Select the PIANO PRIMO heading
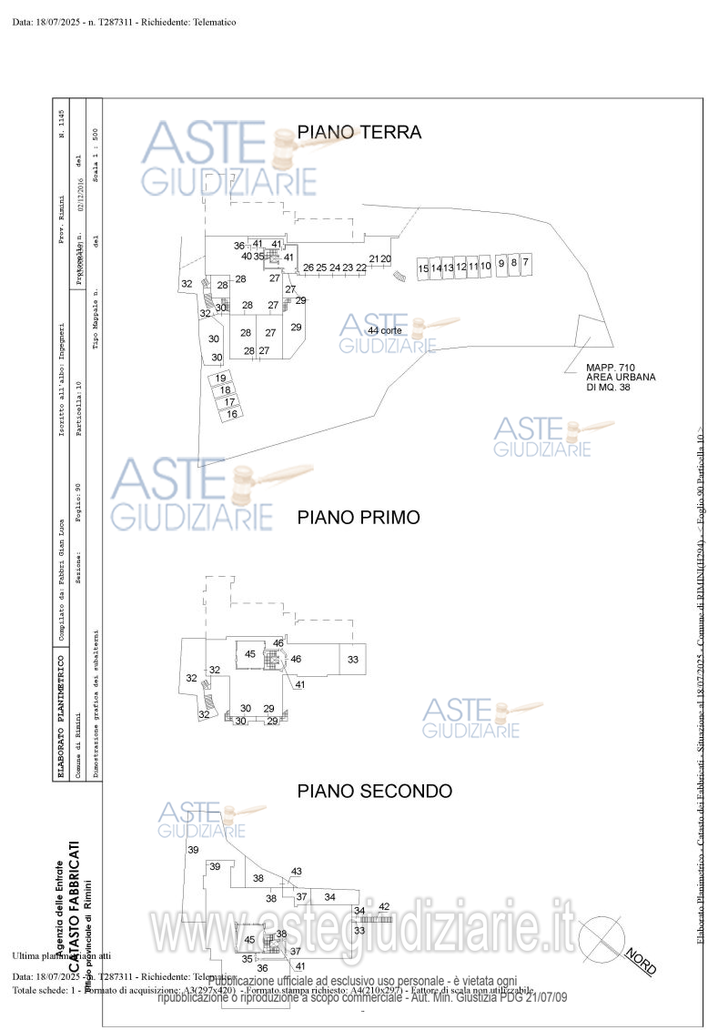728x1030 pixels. [x=359, y=518]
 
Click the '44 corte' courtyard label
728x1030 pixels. [x=385, y=330]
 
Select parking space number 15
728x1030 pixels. [x=423, y=268]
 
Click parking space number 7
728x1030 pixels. [x=525, y=262]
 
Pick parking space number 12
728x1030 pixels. [x=461, y=268]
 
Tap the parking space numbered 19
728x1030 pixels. [x=220, y=378]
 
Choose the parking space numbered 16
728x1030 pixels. [x=232, y=414]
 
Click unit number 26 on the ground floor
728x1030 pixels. [x=308, y=268]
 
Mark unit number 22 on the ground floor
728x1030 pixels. [x=361, y=268]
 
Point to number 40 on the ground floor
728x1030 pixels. [x=247, y=257]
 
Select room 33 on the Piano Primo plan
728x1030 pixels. [x=353, y=660]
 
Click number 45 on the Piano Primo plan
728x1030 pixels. [x=250, y=653]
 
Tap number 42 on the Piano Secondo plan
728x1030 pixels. [x=384, y=905]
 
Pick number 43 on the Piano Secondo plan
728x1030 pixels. [x=296, y=872]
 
